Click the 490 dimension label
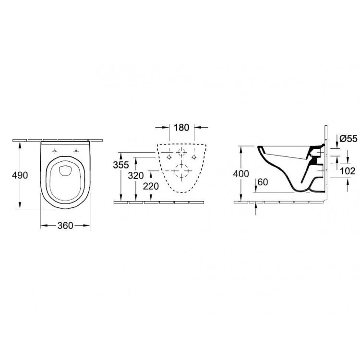click(x=20, y=175)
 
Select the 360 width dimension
click(x=65, y=226)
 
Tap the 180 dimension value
click(x=181, y=127)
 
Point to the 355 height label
click(x=121, y=165)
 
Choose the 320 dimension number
click(x=136, y=176)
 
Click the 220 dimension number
click(x=151, y=186)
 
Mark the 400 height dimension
click(x=241, y=174)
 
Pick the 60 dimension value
click(x=263, y=182)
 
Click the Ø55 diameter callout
click(x=348, y=139)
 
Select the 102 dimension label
click(x=348, y=171)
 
